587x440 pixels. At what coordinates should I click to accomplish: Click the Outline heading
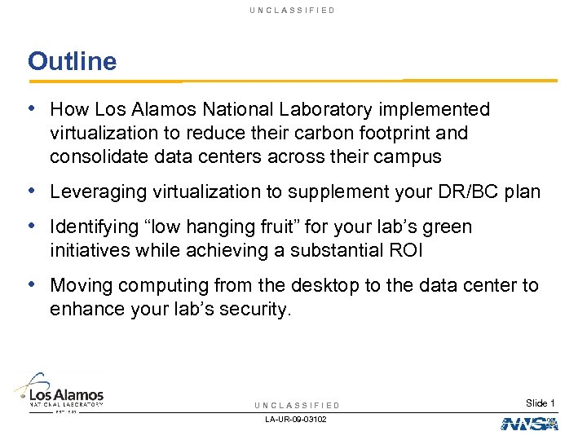[x=72, y=61]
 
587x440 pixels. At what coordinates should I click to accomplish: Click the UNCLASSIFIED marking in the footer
[x=297, y=405]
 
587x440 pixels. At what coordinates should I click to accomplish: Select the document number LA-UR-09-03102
[x=297, y=420]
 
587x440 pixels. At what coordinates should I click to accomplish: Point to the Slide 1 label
[x=540, y=403]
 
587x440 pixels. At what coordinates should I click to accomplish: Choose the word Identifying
[x=93, y=227]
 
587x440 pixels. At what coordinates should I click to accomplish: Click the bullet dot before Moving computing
[x=32, y=285]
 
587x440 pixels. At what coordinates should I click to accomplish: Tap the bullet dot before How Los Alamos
[x=32, y=108]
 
